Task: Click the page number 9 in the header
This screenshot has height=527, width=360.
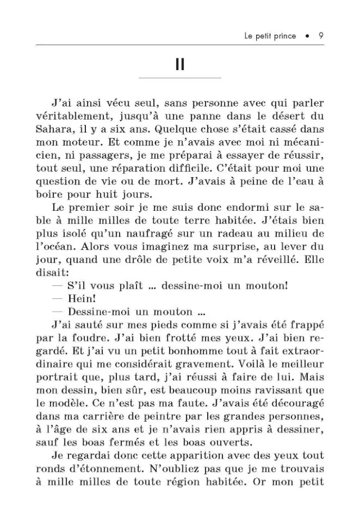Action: pyautogui.click(x=321, y=37)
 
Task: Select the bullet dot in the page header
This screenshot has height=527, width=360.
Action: pyautogui.click(x=307, y=37)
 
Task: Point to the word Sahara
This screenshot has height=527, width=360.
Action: pyautogui.click(x=53, y=129)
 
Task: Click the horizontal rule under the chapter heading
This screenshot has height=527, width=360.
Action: pyautogui.click(x=179, y=78)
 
